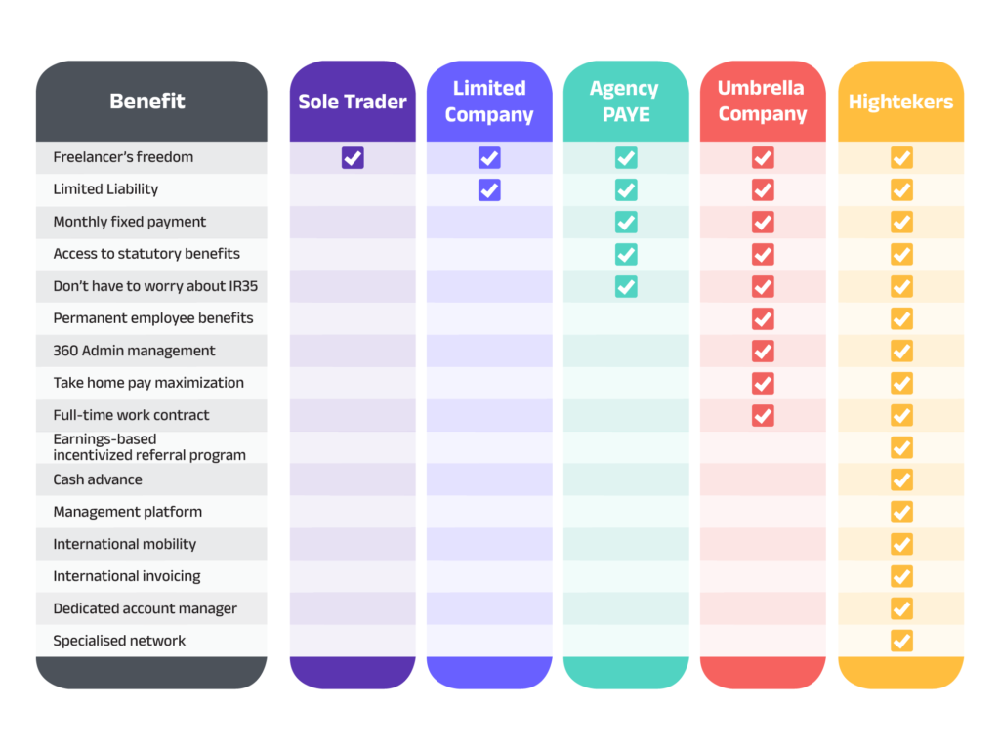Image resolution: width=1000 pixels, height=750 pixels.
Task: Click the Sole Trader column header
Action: (x=353, y=102)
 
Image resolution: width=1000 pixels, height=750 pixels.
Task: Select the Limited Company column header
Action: (x=489, y=102)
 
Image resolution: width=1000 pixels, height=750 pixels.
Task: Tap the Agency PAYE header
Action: (x=626, y=102)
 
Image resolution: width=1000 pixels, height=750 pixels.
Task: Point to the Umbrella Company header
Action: (x=763, y=102)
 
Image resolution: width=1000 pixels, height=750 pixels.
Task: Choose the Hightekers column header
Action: (x=900, y=102)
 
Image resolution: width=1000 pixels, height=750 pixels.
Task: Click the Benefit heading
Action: (x=147, y=102)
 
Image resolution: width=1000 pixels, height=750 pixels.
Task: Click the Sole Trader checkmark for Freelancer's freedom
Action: (x=353, y=157)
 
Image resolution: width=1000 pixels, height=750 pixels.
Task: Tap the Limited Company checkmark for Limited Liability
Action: (x=489, y=189)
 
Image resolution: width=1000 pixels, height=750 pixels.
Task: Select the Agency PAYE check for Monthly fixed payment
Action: (x=626, y=222)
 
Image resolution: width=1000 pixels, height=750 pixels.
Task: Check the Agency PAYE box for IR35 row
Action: (x=626, y=286)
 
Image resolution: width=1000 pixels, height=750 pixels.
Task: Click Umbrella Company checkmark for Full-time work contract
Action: (x=763, y=415)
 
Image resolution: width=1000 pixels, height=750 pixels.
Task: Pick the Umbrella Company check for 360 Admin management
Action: (x=763, y=351)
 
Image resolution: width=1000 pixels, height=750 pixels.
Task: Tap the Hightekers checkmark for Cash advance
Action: (x=901, y=479)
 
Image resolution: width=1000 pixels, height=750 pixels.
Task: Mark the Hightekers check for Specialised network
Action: (x=901, y=641)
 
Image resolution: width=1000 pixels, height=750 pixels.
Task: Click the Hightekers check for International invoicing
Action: (x=901, y=576)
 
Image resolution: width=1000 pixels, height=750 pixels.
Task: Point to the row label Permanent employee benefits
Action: (x=153, y=318)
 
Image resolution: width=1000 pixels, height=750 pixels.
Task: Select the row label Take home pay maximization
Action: (x=148, y=383)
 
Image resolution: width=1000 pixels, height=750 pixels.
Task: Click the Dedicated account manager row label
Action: (x=146, y=608)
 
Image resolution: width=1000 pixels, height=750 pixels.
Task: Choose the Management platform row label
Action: (x=128, y=512)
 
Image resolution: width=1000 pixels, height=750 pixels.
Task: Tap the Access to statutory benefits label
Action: (x=146, y=254)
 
